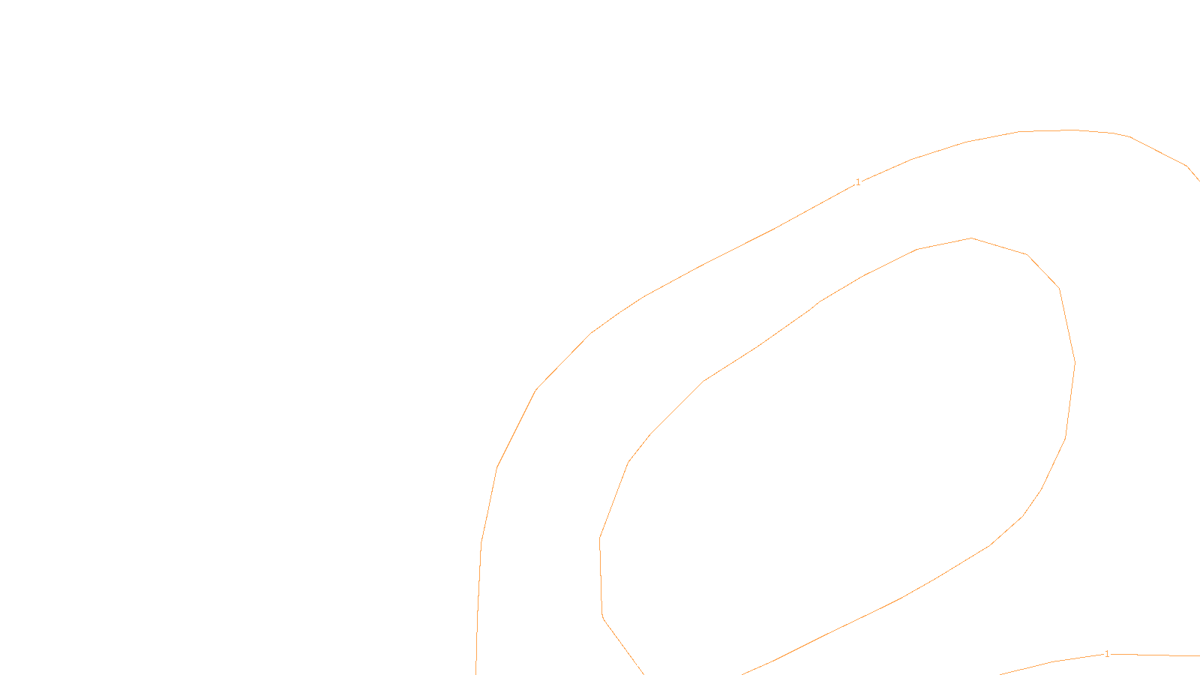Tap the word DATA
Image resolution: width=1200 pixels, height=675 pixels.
click(634, 663)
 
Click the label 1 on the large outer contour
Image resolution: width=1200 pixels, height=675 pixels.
click(858, 182)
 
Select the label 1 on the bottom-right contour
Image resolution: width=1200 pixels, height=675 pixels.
click(1107, 654)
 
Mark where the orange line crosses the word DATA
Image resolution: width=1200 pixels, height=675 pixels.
click(637, 664)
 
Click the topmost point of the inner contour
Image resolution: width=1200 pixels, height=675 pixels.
click(971, 238)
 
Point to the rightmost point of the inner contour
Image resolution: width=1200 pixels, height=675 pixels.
click(1075, 363)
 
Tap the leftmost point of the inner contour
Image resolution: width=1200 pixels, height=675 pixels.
click(600, 538)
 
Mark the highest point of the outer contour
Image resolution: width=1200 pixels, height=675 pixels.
click(1069, 130)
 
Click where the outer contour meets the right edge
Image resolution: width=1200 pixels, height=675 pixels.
click(1198, 180)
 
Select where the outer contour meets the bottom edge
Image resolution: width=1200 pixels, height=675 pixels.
click(476, 673)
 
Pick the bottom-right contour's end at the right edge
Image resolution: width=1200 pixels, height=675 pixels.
click(1198, 655)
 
